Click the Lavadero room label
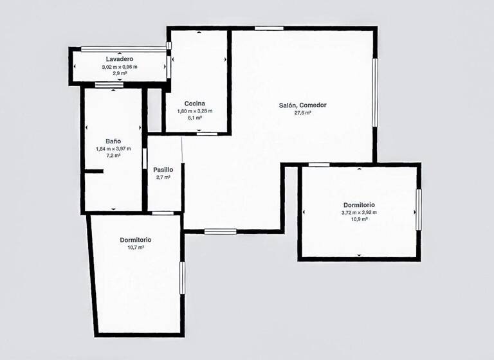click(120, 59)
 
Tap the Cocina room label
click(194, 104)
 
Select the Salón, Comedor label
click(303, 105)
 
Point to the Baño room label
click(113, 141)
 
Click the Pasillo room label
click(163, 170)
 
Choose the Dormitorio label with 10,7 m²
click(136, 240)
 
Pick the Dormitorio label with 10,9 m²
click(359, 205)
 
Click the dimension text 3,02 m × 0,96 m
click(120, 67)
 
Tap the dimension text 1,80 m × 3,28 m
click(194, 111)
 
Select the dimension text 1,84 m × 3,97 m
click(113, 148)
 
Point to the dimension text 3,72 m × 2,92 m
click(359, 212)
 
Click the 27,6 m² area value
click(303, 113)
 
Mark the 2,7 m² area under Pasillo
click(163, 177)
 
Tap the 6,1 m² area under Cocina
click(194, 118)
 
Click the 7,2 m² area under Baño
click(113, 156)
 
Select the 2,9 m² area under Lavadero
click(120, 73)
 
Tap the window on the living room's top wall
click(269, 28)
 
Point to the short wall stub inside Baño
click(95, 171)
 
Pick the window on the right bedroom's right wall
click(419, 210)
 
